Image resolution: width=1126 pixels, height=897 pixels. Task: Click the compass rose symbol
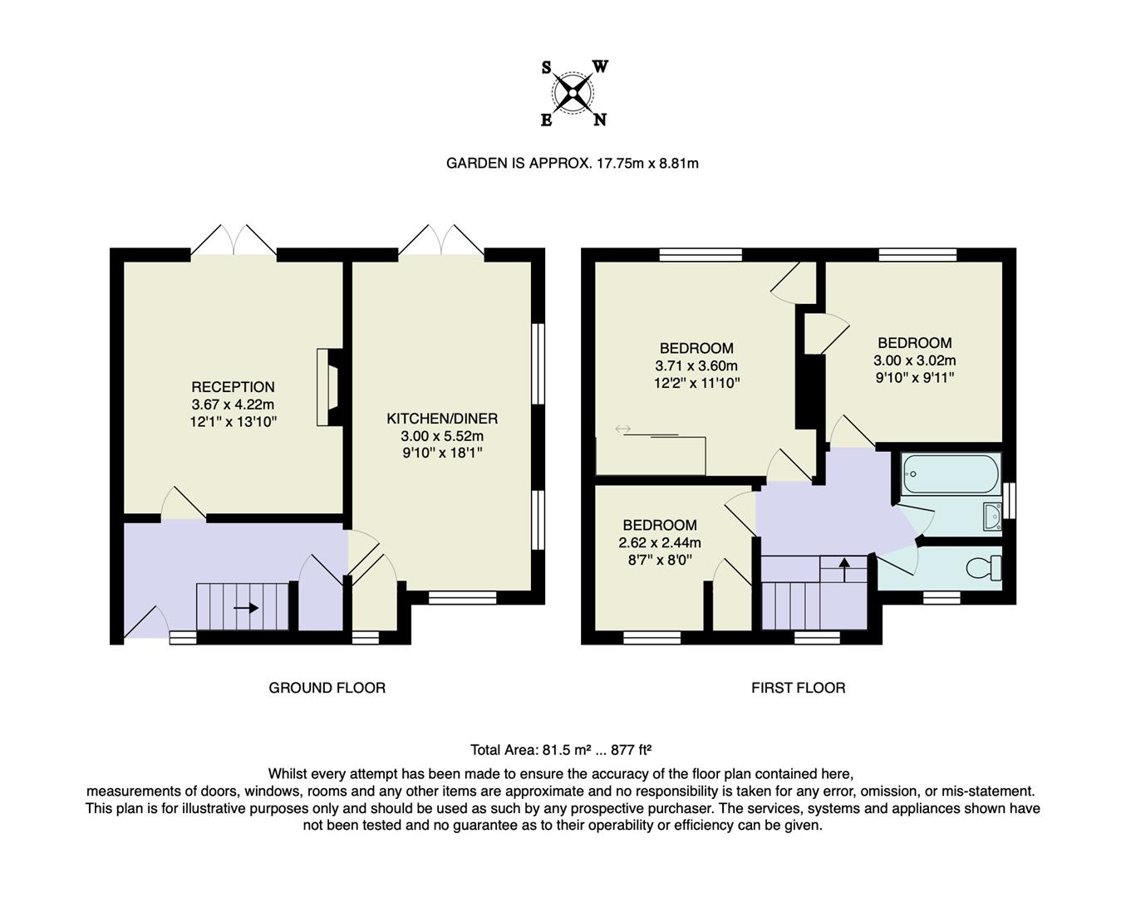pos(573,92)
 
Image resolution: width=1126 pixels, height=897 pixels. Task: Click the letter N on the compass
pos(599,120)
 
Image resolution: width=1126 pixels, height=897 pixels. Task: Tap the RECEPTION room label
pos(233,387)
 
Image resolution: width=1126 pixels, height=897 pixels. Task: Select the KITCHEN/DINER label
pos(442,419)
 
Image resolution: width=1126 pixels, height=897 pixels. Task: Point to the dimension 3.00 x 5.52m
pos(442,436)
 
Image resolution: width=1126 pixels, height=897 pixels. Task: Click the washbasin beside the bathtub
pos(992,517)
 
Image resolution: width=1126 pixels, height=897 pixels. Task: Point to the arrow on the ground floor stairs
pos(246,608)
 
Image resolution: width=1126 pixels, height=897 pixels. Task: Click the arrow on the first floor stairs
pos(844,569)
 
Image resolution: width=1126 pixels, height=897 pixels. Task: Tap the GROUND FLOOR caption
pos(327,688)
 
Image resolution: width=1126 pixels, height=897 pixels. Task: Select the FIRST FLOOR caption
pos(798,688)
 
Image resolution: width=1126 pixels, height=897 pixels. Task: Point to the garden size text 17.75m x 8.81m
pos(647,164)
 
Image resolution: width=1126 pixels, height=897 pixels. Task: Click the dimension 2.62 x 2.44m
pos(660,543)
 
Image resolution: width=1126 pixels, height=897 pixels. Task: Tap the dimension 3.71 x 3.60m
pos(696,365)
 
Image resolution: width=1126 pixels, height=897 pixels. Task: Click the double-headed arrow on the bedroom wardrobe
pos(623,429)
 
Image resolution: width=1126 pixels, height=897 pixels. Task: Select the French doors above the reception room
pos(234,241)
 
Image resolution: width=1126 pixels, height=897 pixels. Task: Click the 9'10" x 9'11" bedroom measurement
pos(914,378)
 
